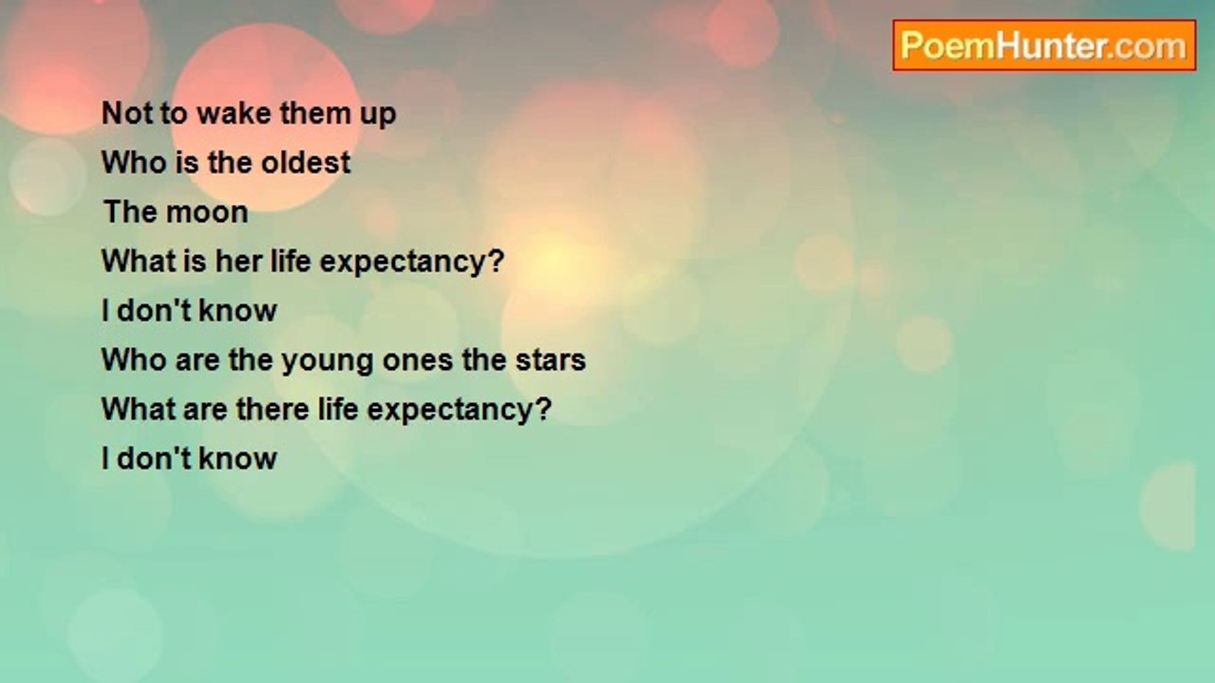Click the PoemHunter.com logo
(x=1044, y=46)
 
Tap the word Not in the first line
(x=127, y=113)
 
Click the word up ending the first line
(x=378, y=116)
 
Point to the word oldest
(x=306, y=162)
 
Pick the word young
(x=327, y=361)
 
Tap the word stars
(x=551, y=360)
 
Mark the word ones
(x=418, y=361)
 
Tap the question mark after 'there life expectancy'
(x=542, y=408)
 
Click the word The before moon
(x=130, y=212)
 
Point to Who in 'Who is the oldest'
(x=134, y=162)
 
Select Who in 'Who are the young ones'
(x=134, y=360)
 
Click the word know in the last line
(x=237, y=458)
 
